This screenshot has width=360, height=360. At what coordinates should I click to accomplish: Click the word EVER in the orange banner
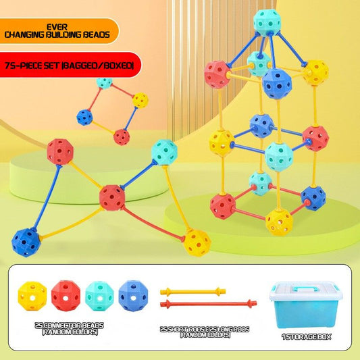57,27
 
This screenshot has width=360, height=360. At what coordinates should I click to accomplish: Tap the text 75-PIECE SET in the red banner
33,66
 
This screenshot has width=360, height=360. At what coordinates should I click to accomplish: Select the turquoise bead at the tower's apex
267,22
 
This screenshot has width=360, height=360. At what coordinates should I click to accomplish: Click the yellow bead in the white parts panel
32,296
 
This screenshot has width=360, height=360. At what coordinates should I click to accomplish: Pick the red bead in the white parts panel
66,296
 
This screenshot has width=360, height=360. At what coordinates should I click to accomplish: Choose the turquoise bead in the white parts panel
99,297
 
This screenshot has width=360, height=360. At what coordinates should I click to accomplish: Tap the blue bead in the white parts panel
133,296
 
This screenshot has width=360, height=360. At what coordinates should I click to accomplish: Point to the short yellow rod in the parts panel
193,292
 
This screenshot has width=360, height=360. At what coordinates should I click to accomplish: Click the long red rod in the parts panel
209,304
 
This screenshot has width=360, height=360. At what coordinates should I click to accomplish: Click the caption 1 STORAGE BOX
306,336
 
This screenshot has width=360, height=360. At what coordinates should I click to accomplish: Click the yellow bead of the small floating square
140,101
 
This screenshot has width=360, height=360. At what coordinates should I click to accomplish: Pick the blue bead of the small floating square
84,118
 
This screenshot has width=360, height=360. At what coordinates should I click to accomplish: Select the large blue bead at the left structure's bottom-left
26,242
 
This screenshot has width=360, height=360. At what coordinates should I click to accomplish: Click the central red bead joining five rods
112,198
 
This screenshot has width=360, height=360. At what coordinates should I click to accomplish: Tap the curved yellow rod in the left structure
71,224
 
